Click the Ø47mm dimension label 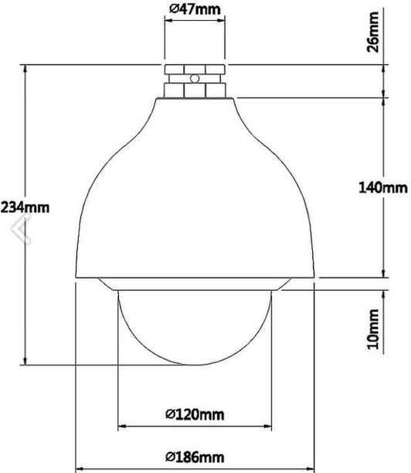point(195,9)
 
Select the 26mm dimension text point(372,32)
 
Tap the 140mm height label point(383,188)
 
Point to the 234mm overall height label point(25,208)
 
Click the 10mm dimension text point(372,329)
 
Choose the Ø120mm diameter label point(195,414)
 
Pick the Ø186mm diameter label point(195,457)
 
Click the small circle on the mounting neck point(195,79)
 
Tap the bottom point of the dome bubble point(195,365)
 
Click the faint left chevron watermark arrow point(21,228)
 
